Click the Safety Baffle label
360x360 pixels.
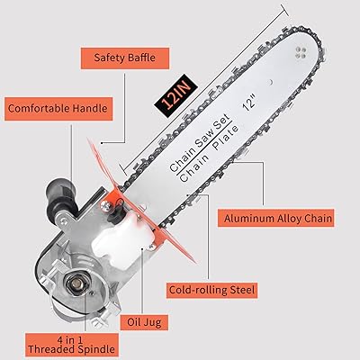coord(125,58)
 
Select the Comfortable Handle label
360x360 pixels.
coord(58,109)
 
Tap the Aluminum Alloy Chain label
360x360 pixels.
coord(276,218)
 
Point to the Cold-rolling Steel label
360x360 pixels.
coord(212,290)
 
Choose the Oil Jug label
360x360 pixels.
coord(144,322)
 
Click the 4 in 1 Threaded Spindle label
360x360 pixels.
coord(72,345)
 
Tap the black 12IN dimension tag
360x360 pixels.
coord(175,94)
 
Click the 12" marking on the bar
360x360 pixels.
coord(249,103)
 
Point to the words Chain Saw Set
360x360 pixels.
coord(200,143)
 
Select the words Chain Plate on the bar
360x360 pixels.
coord(210,153)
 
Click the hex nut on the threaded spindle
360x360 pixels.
coord(77,283)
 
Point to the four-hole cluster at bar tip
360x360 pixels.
coord(301,52)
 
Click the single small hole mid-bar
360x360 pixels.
coord(270,81)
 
